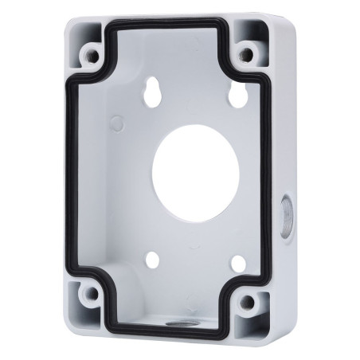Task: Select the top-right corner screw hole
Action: click(247, 55)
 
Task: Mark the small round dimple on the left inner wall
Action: click(117, 123)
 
